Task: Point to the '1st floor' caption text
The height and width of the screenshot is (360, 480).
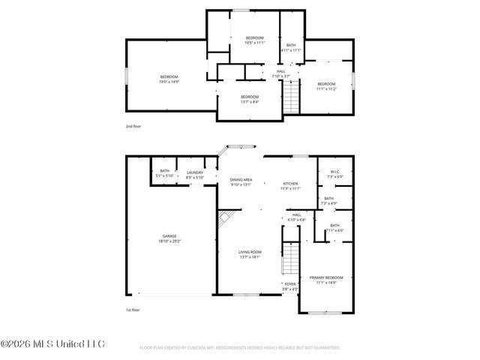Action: pos(133,310)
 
